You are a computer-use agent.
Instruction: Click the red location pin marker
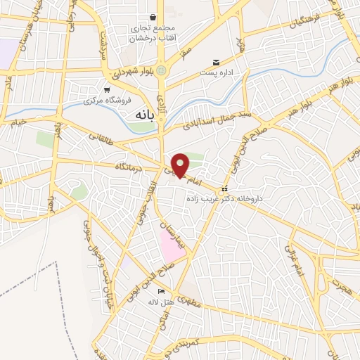tap(181, 165)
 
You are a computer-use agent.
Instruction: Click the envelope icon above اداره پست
tap(215, 62)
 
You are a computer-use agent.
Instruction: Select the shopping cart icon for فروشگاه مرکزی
tap(107, 90)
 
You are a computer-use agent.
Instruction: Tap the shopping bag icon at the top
tap(152, 18)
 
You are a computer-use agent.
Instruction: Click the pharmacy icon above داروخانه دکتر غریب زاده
tap(224, 189)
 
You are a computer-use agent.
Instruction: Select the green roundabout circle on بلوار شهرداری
tap(162, 70)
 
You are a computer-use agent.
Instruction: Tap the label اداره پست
tap(215, 72)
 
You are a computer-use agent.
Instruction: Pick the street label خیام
tap(18, 123)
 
